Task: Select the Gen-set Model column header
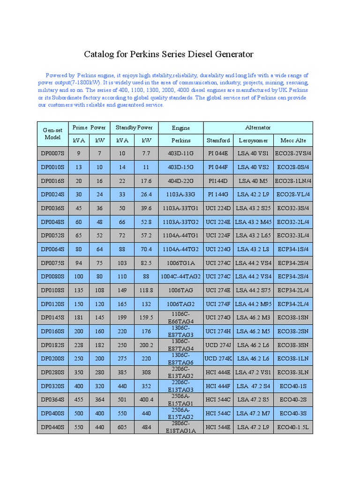pos(52,134)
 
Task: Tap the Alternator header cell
pos(258,127)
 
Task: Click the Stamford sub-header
pos(218,140)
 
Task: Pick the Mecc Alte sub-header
pos(293,140)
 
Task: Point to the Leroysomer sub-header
pos(253,140)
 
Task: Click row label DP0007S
pos(52,154)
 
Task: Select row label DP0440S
pos(52,427)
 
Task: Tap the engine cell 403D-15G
pos(180,167)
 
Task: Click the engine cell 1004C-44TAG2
pos(180,277)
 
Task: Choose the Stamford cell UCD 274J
pos(218,345)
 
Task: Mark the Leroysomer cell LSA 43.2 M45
pos(253,222)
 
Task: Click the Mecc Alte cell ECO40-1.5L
pos(293,427)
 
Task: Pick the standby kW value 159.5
pos(146,318)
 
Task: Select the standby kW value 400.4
pos(146,400)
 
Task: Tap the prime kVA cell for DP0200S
pos(79,359)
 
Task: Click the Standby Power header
pos(134,127)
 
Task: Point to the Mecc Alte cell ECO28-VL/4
pos(293,195)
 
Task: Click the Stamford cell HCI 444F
pos(218,386)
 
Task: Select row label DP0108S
pos(52,291)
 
